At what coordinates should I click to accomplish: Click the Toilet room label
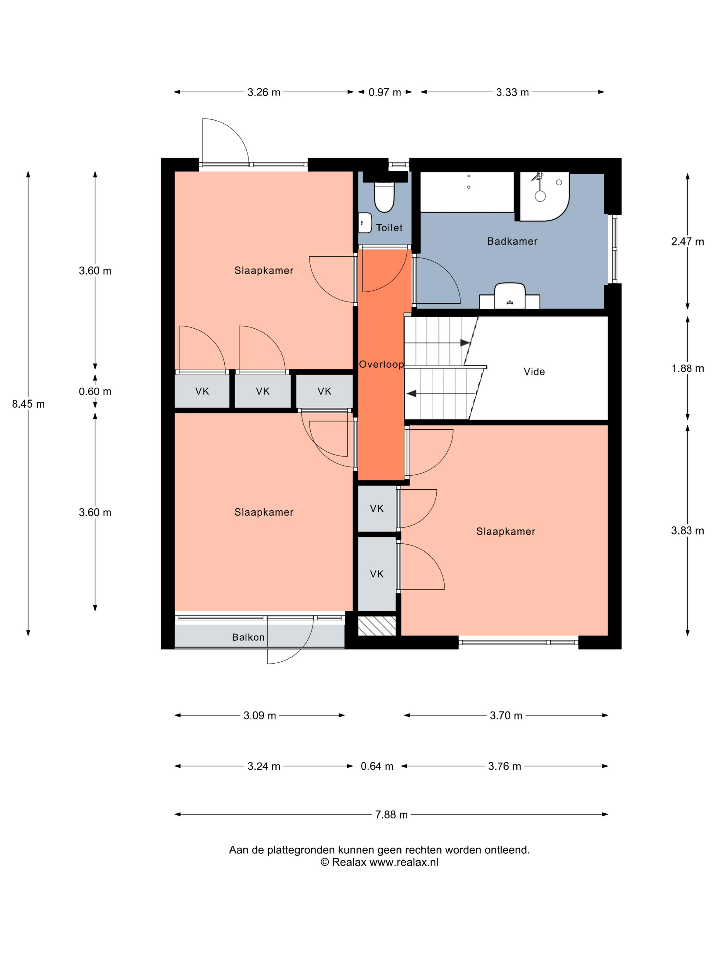389,228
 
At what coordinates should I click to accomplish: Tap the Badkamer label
512,242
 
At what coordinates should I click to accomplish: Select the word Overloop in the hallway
382,365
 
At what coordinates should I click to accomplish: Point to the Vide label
534,372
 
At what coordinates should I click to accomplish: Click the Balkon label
248,637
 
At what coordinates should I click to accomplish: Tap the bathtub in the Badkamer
467,192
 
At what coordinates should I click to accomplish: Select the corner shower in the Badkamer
544,197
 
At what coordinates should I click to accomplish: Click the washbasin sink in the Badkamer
510,296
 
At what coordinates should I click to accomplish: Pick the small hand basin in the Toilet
365,222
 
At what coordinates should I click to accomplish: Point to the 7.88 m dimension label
391,815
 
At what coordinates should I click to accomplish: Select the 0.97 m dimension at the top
385,92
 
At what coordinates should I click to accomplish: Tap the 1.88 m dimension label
687,368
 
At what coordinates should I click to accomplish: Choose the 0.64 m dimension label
377,766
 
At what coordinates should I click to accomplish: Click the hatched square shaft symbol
377,626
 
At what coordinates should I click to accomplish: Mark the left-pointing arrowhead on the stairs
411,393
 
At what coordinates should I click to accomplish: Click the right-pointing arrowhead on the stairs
465,343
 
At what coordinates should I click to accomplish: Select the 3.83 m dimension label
687,530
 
